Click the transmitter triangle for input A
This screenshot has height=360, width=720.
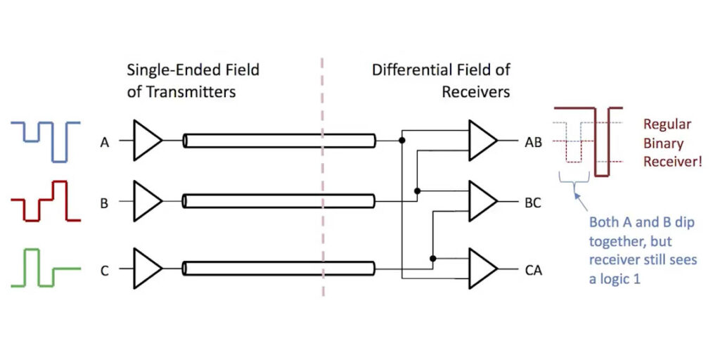[x=146, y=141]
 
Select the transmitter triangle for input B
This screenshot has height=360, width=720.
[x=146, y=201]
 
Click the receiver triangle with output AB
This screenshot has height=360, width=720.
[x=482, y=141]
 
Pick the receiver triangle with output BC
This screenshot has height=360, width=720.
[x=482, y=202]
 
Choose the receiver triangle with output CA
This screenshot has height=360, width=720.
[x=482, y=269]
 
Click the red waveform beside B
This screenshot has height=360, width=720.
[x=46, y=200]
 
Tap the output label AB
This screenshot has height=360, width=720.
[x=533, y=141]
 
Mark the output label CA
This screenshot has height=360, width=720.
[x=533, y=270]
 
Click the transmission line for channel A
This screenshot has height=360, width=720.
[x=278, y=141]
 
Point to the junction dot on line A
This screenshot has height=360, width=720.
[x=402, y=141]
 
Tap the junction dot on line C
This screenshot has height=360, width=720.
[x=432, y=258]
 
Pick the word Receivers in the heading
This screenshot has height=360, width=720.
[x=475, y=91]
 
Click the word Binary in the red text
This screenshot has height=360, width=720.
[x=662, y=143]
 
